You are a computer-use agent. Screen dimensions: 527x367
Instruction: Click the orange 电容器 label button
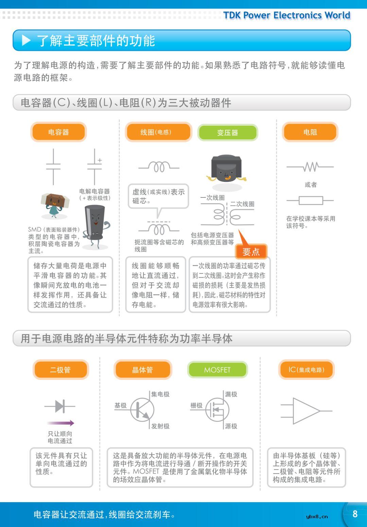58,132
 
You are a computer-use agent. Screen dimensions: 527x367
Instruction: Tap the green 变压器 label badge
228,133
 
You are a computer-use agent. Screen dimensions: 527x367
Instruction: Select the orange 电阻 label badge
310,132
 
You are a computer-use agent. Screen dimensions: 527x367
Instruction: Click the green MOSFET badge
217,370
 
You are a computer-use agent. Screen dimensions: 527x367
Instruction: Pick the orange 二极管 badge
60,370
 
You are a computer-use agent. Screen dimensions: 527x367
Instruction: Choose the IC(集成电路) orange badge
307,370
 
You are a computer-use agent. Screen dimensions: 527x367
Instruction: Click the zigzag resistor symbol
310,167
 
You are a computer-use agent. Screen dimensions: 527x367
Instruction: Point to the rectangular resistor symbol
310,200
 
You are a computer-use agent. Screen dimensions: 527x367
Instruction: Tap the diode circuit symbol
60,406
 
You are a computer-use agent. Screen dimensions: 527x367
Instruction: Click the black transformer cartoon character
226,169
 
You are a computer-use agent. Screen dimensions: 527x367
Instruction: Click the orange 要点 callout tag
251,252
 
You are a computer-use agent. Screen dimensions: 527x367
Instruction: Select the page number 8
355,514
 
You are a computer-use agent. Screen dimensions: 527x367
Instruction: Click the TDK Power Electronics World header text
286,15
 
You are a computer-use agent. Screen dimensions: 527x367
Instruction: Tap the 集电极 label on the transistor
160,394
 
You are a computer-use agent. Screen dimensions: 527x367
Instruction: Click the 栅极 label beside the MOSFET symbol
196,405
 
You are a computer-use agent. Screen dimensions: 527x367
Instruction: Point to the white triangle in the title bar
26,40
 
